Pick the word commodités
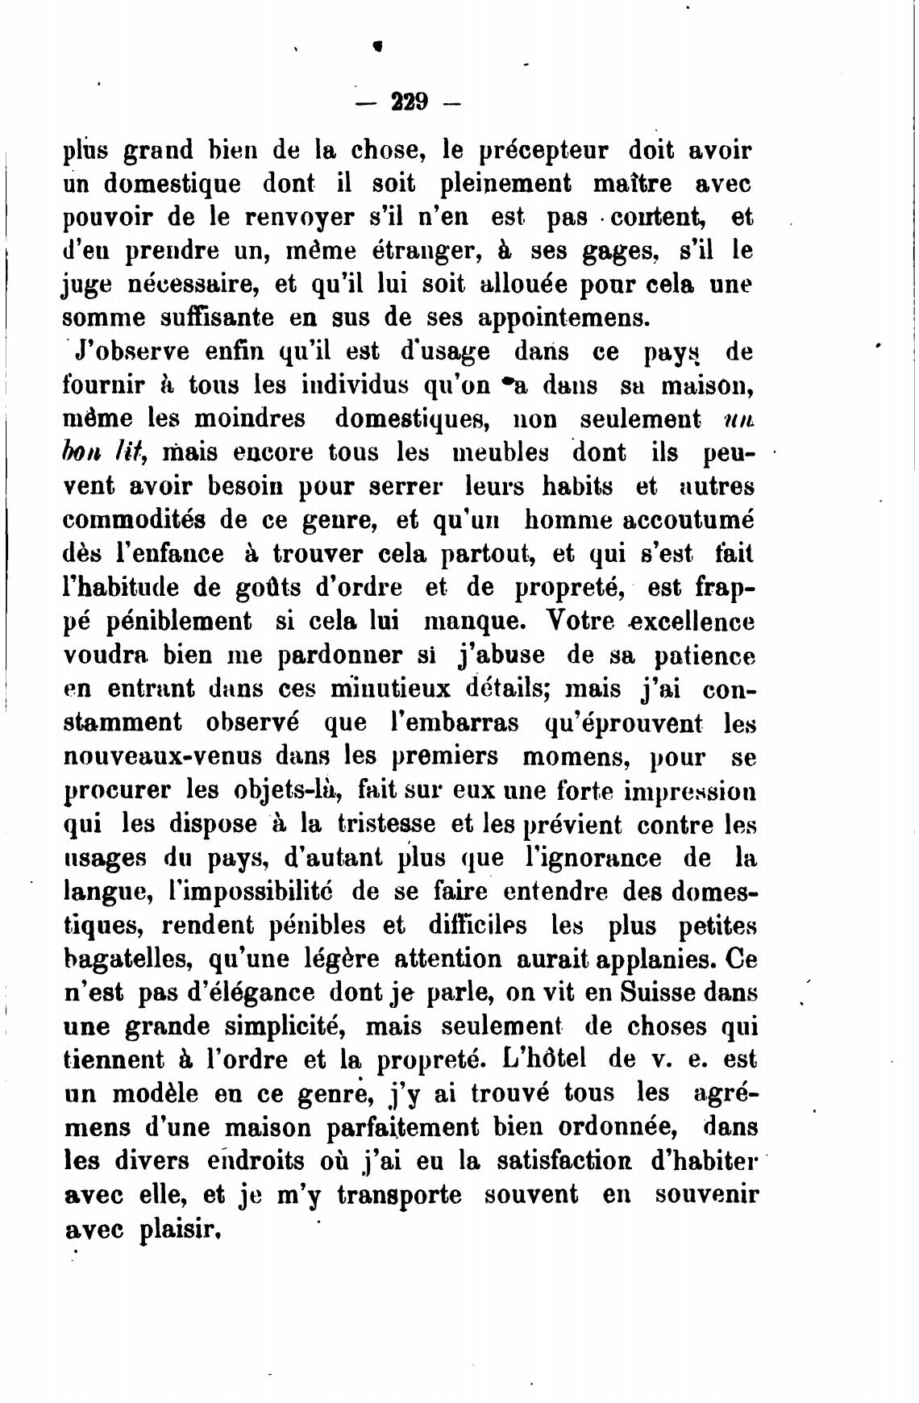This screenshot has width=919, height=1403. pos(131,520)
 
